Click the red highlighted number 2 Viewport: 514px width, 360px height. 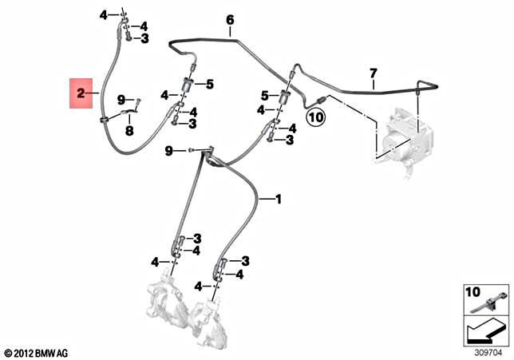coord(81,94)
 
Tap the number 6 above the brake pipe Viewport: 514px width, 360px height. coord(229,19)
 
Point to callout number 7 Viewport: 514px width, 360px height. coord(372,74)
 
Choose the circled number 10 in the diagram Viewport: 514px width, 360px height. coord(314,117)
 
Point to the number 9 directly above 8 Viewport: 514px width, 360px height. coord(121,99)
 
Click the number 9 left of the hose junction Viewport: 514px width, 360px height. coord(168,151)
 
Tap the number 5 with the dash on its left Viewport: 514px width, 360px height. coord(211,84)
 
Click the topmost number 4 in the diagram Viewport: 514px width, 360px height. coord(104,15)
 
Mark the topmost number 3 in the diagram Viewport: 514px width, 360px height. coord(144,38)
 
